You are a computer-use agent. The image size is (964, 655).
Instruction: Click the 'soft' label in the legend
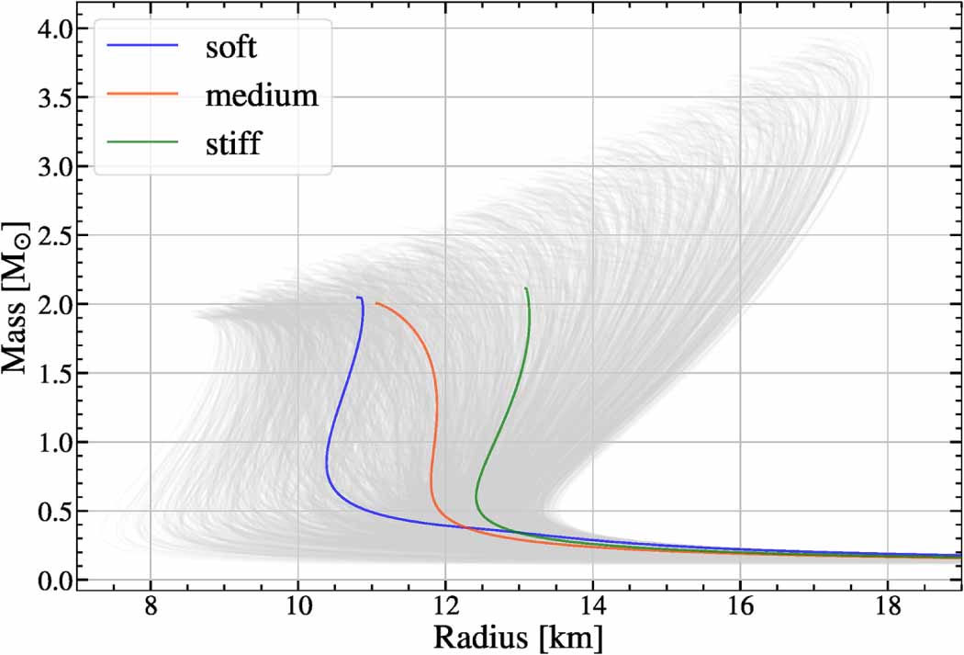[230, 47]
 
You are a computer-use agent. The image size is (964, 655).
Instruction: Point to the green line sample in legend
[142, 142]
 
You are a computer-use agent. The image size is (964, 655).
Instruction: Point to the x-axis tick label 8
[151, 608]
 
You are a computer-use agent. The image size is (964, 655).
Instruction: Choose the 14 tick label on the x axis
[593, 608]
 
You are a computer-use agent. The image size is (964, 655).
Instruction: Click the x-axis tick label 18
[888, 608]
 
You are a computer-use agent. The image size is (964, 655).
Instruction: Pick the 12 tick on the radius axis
[445, 608]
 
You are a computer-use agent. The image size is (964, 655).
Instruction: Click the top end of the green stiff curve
[526, 288]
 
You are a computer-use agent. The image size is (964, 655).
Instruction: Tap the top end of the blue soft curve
[358, 298]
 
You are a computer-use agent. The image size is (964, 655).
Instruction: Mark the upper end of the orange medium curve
[376, 303]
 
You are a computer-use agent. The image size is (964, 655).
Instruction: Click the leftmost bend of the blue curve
[326, 459]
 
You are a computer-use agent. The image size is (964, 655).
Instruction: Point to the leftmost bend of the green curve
[476, 499]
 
